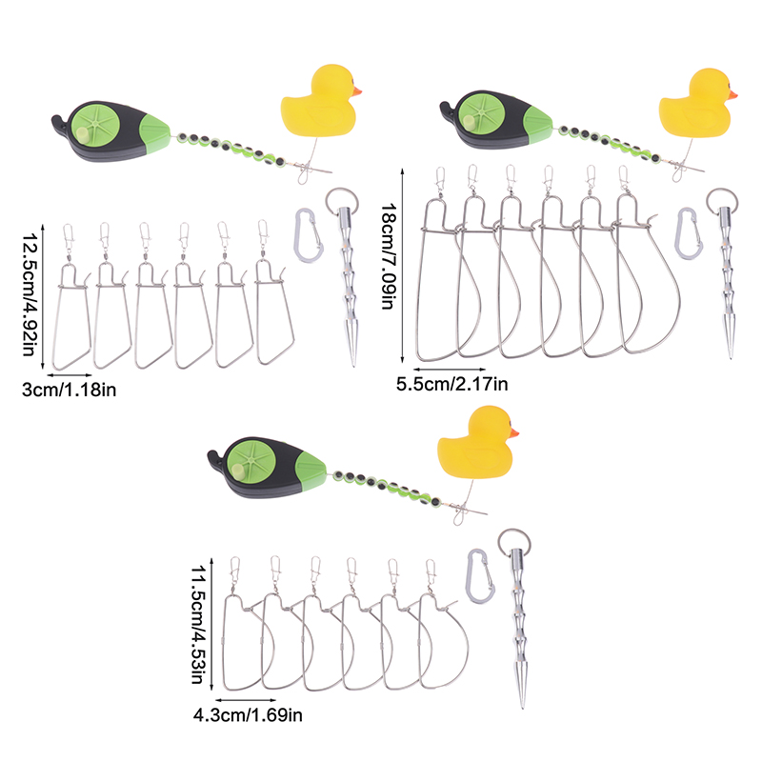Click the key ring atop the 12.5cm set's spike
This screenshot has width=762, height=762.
pos(339,201)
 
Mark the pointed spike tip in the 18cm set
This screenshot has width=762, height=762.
pos(730,351)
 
